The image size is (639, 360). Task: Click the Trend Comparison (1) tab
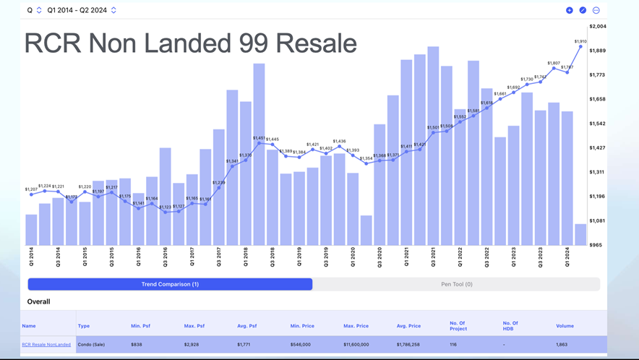pyautogui.click(x=170, y=284)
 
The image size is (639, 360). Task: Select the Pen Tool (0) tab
pyautogui.click(x=456, y=284)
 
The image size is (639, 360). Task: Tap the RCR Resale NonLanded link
pyautogui.click(x=46, y=345)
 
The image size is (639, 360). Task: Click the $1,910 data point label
pyautogui.click(x=580, y=41)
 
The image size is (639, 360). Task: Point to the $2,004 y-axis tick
pyautogui.click(x=598, y=26)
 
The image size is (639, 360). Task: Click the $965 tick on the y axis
pyautogui.click(x=596, y=245)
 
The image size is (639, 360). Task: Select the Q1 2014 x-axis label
pyautogui.click(x=32, y=257)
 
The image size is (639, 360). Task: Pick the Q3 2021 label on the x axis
pyautogui.click(x=433, y=257)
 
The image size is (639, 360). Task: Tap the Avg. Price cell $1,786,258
pyautogui.click(x=409, y=345)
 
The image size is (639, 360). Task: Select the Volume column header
pyautogui.click(x=565, y=326)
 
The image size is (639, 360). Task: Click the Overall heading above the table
pyautogui.click(x=38, y=301)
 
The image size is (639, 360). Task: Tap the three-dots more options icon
pyautogui.click(x=596, y=10)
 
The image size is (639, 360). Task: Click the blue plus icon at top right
pyautogui.click(x=570, y=10)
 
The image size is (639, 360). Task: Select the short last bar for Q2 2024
pyautogui.click(x=580, y=234)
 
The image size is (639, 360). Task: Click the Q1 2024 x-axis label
pyautogui.click(x=567, y=257)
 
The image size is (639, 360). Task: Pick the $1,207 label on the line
pyautogui.click(x=31, y=189)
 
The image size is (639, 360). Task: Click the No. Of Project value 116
pyautogui.click(x=453, y=345)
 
